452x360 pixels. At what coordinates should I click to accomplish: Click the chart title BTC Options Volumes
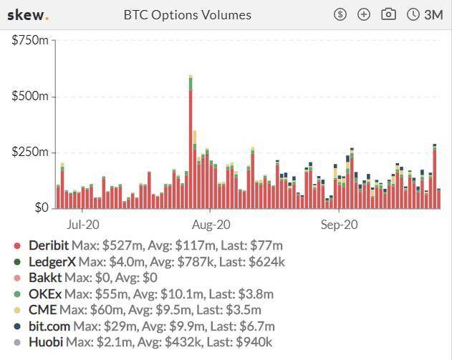coord(188,14)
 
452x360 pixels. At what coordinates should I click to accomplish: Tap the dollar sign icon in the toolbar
coord(340,14)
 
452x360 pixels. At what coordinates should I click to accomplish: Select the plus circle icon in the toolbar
coord(364,14)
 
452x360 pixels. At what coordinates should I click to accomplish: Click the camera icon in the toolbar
coord(388,14)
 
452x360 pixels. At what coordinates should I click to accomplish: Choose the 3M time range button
coord(425,14)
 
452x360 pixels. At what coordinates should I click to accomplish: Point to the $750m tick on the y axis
coord(29,41)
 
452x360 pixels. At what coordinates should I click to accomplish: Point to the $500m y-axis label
coord(29,97)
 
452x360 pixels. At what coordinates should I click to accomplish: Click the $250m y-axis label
coord(29,152)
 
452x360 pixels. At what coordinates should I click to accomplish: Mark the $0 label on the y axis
coord(39,208)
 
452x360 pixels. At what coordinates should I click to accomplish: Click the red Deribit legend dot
coord(18,245)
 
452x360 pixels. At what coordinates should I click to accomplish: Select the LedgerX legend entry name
coord(52,262)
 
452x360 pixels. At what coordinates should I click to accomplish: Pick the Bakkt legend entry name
coord(44,278)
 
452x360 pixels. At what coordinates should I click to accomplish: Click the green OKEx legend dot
coord(18,294)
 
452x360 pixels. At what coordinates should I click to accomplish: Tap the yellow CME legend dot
coord(18,311)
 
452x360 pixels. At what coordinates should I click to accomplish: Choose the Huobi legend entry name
coord(46,342)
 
